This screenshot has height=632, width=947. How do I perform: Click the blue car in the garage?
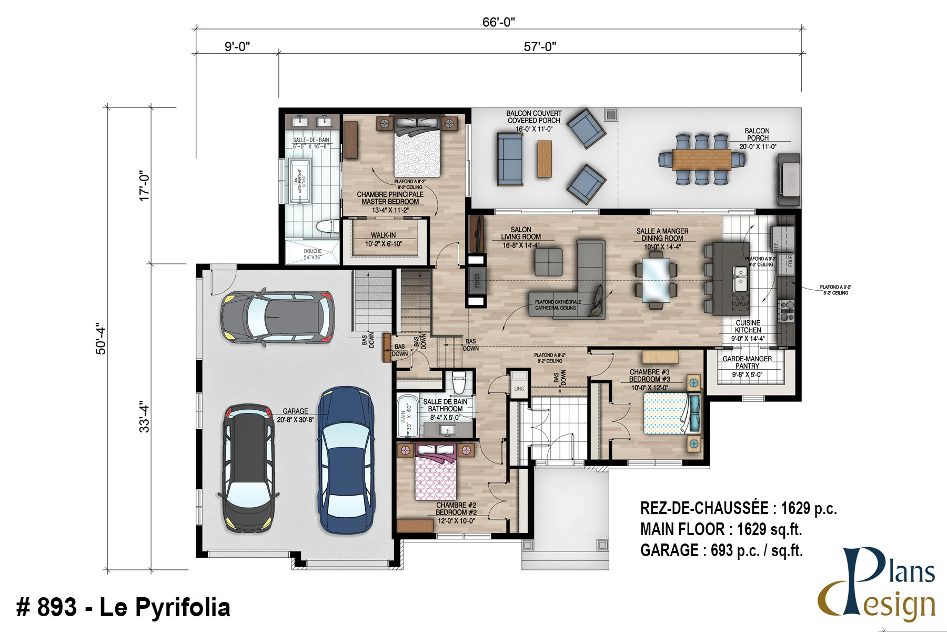tap(346, 461)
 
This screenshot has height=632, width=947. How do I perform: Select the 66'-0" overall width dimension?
tap(498, 22)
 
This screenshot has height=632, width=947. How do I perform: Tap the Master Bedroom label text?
tap(390, 198)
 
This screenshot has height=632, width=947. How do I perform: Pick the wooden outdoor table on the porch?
tap(701, 159)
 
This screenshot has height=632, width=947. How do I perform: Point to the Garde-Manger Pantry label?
tap(747, 362)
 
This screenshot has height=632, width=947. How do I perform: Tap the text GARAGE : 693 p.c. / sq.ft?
tap(721, 551)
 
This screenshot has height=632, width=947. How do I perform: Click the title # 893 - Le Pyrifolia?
tap(124, 607)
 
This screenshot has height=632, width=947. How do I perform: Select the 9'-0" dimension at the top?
tap(237, 47)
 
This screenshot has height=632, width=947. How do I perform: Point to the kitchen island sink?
tap(741, 279)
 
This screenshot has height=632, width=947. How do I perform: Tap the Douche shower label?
tap(313, 254)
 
